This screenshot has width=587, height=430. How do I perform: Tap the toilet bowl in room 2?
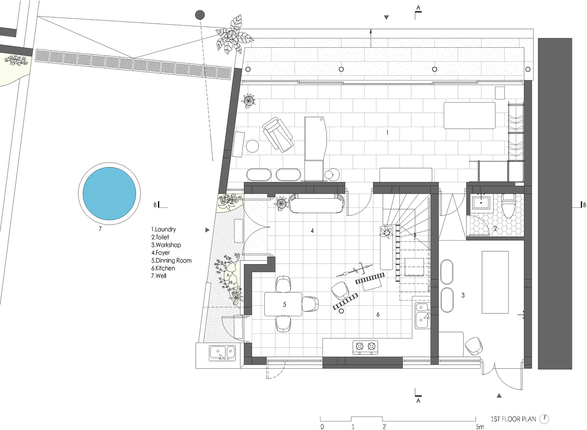pos(509,206)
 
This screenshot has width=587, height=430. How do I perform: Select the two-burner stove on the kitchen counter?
pos(365,347)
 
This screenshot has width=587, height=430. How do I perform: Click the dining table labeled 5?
pos(283,304)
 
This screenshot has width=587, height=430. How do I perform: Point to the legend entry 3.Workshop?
pos(166,245)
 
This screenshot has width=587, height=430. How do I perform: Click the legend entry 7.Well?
pos(159,276)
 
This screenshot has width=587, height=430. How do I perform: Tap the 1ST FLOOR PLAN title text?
pos(513,419)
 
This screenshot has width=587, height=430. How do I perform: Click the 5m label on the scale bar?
pos(480,427)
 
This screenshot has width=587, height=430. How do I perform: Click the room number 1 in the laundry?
pos(387,133)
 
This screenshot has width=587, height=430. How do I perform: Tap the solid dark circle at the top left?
pos(200,15)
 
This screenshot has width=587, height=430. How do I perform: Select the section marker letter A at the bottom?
pos(418,401)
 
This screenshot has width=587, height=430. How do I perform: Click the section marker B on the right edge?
pos(584,205)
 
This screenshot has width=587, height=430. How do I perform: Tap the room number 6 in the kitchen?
pos(378,314)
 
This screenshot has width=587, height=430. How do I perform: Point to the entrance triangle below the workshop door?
pos(499,396)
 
